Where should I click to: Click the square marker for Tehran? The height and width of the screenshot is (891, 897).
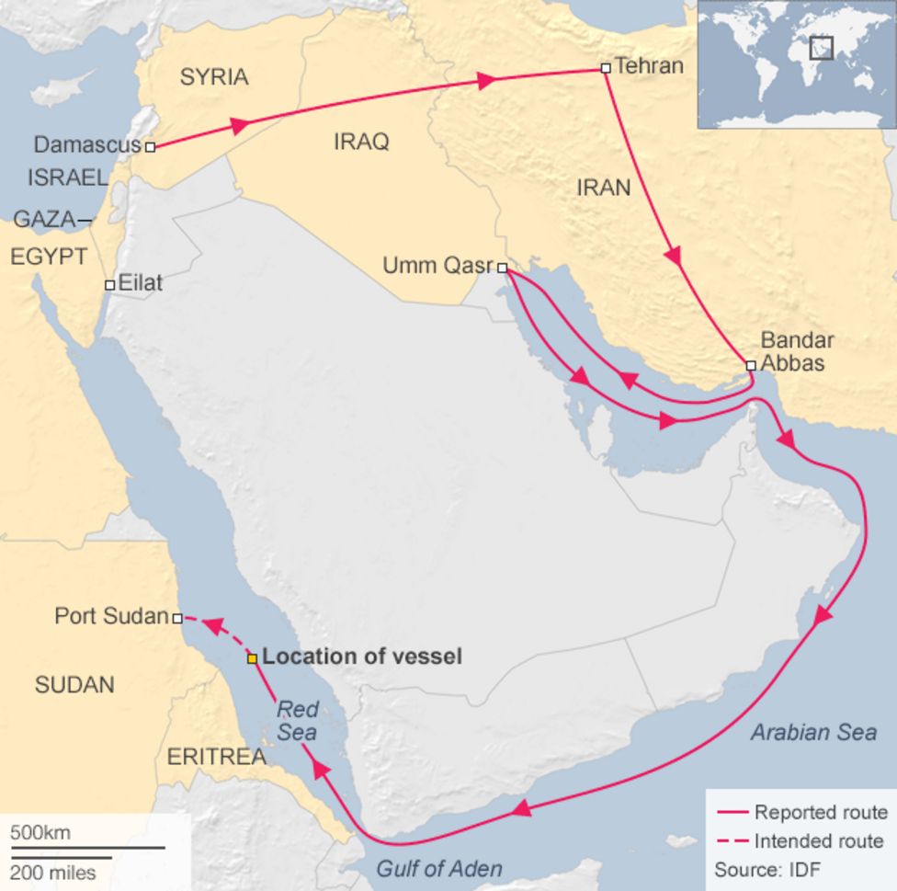coord(605,68)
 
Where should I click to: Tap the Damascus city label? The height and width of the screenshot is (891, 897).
coord(87,145)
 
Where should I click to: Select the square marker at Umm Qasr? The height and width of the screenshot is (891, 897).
coord(502,268)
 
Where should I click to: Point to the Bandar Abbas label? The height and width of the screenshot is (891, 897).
coord(796,351)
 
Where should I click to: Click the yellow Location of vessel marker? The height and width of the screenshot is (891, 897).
coord(252,658)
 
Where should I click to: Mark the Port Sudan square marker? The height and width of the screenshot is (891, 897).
coord(177,619)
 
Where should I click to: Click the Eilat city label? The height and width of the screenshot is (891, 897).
coord(141,283)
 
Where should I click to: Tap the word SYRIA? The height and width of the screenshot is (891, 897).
coord(213,77)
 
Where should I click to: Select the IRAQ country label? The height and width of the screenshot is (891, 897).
coord(361,142)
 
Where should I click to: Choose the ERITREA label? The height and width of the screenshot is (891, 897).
coord(216,757)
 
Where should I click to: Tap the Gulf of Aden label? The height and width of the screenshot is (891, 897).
coord(439,868)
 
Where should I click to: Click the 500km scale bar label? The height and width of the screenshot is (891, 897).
coord(40,833)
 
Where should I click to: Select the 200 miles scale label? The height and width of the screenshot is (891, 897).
coord(53,871)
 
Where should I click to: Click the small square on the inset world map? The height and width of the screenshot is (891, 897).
coord(821,48)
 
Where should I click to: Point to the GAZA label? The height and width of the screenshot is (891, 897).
coord(43,220)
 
